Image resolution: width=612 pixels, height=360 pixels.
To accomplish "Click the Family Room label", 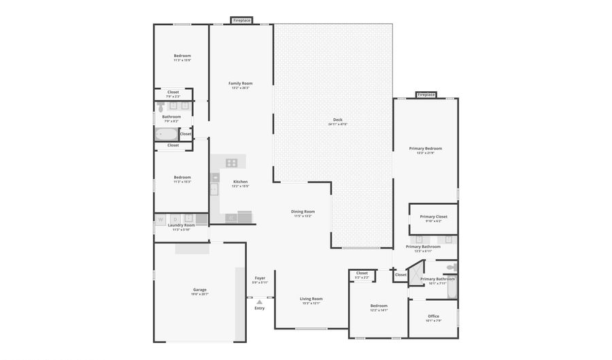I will click(241, 83).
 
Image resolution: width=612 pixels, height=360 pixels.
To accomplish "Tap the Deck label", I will click(338, 120).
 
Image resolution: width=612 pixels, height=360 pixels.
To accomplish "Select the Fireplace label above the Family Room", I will click(241, 21).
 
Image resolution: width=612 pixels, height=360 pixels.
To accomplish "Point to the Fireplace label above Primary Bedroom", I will click(426, 95).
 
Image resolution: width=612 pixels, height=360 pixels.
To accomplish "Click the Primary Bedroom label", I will click(425, 148).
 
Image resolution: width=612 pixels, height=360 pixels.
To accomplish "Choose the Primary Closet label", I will click(433, 217).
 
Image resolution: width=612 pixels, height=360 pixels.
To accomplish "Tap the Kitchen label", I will click(241, 181).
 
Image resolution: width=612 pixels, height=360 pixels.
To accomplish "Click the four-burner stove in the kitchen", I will click(232, 163).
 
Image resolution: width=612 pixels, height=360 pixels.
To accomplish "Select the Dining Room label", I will click(303, 212).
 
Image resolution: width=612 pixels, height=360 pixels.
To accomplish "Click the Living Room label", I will click(311, 299).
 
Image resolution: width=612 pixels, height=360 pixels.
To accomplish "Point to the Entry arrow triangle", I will click(259, 302).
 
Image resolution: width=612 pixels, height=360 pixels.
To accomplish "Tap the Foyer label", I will click(260, 278).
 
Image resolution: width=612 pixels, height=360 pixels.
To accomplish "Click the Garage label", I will click(199, 289).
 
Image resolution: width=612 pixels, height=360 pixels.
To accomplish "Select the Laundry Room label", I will click(181, 225).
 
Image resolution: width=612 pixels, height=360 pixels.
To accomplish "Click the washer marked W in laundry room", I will click(161, 219).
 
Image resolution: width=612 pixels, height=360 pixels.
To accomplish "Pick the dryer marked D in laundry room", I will click(175, 219).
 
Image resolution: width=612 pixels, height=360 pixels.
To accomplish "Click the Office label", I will click(433, 316).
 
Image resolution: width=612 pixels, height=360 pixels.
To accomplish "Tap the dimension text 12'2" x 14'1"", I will click(379, 310).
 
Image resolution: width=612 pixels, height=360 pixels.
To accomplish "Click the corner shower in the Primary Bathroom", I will click(415, 275).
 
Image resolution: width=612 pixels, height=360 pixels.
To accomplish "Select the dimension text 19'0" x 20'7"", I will click(199, 294).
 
